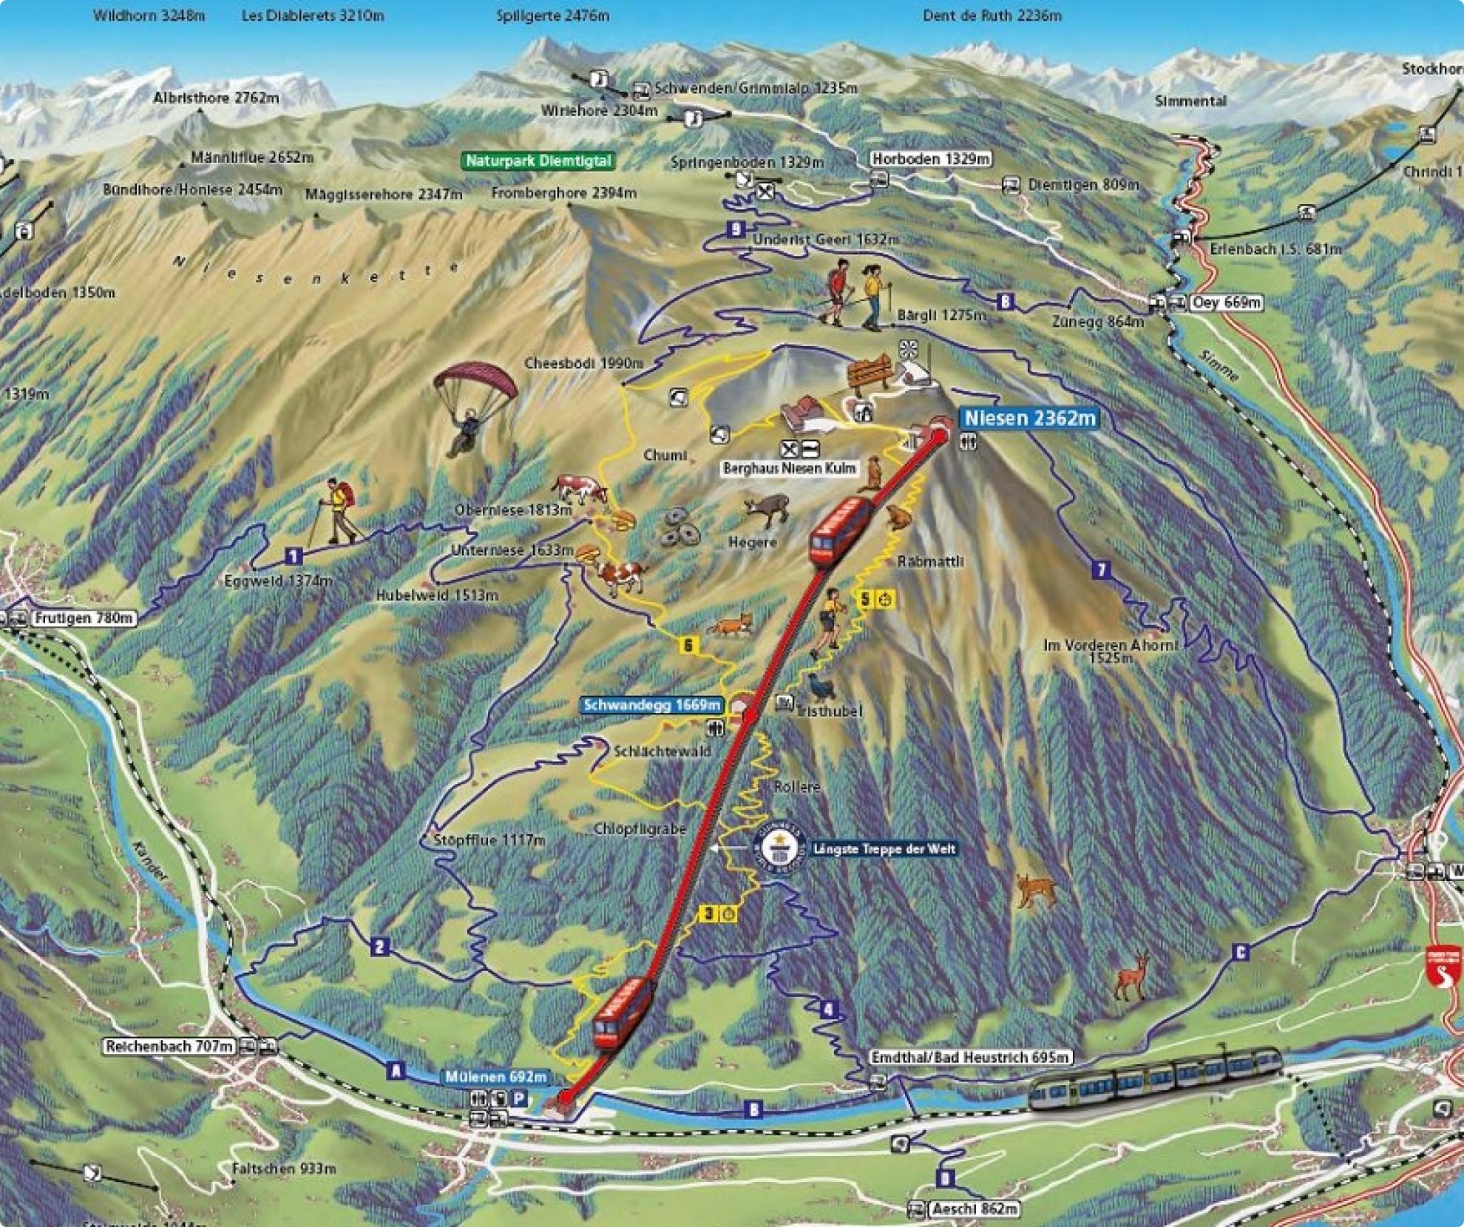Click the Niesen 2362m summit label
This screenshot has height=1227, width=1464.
pos(1029,418)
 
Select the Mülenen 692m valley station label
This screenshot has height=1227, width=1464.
pos(496,1077)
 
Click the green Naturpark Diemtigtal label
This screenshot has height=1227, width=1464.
pos(538,160)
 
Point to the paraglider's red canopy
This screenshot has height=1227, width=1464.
pos(473,382)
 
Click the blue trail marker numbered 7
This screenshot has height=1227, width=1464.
pos(1101,569)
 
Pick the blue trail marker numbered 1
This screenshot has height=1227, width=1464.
pos(294,556)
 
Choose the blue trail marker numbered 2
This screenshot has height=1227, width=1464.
pos(380,947)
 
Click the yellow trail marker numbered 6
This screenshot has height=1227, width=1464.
pos(688,646)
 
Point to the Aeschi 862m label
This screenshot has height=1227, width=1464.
pos(975,1209)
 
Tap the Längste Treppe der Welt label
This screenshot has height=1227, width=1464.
pos(884,849)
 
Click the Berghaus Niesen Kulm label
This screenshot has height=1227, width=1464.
pos(790,468)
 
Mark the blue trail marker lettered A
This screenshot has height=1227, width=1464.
pos(396,1070)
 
